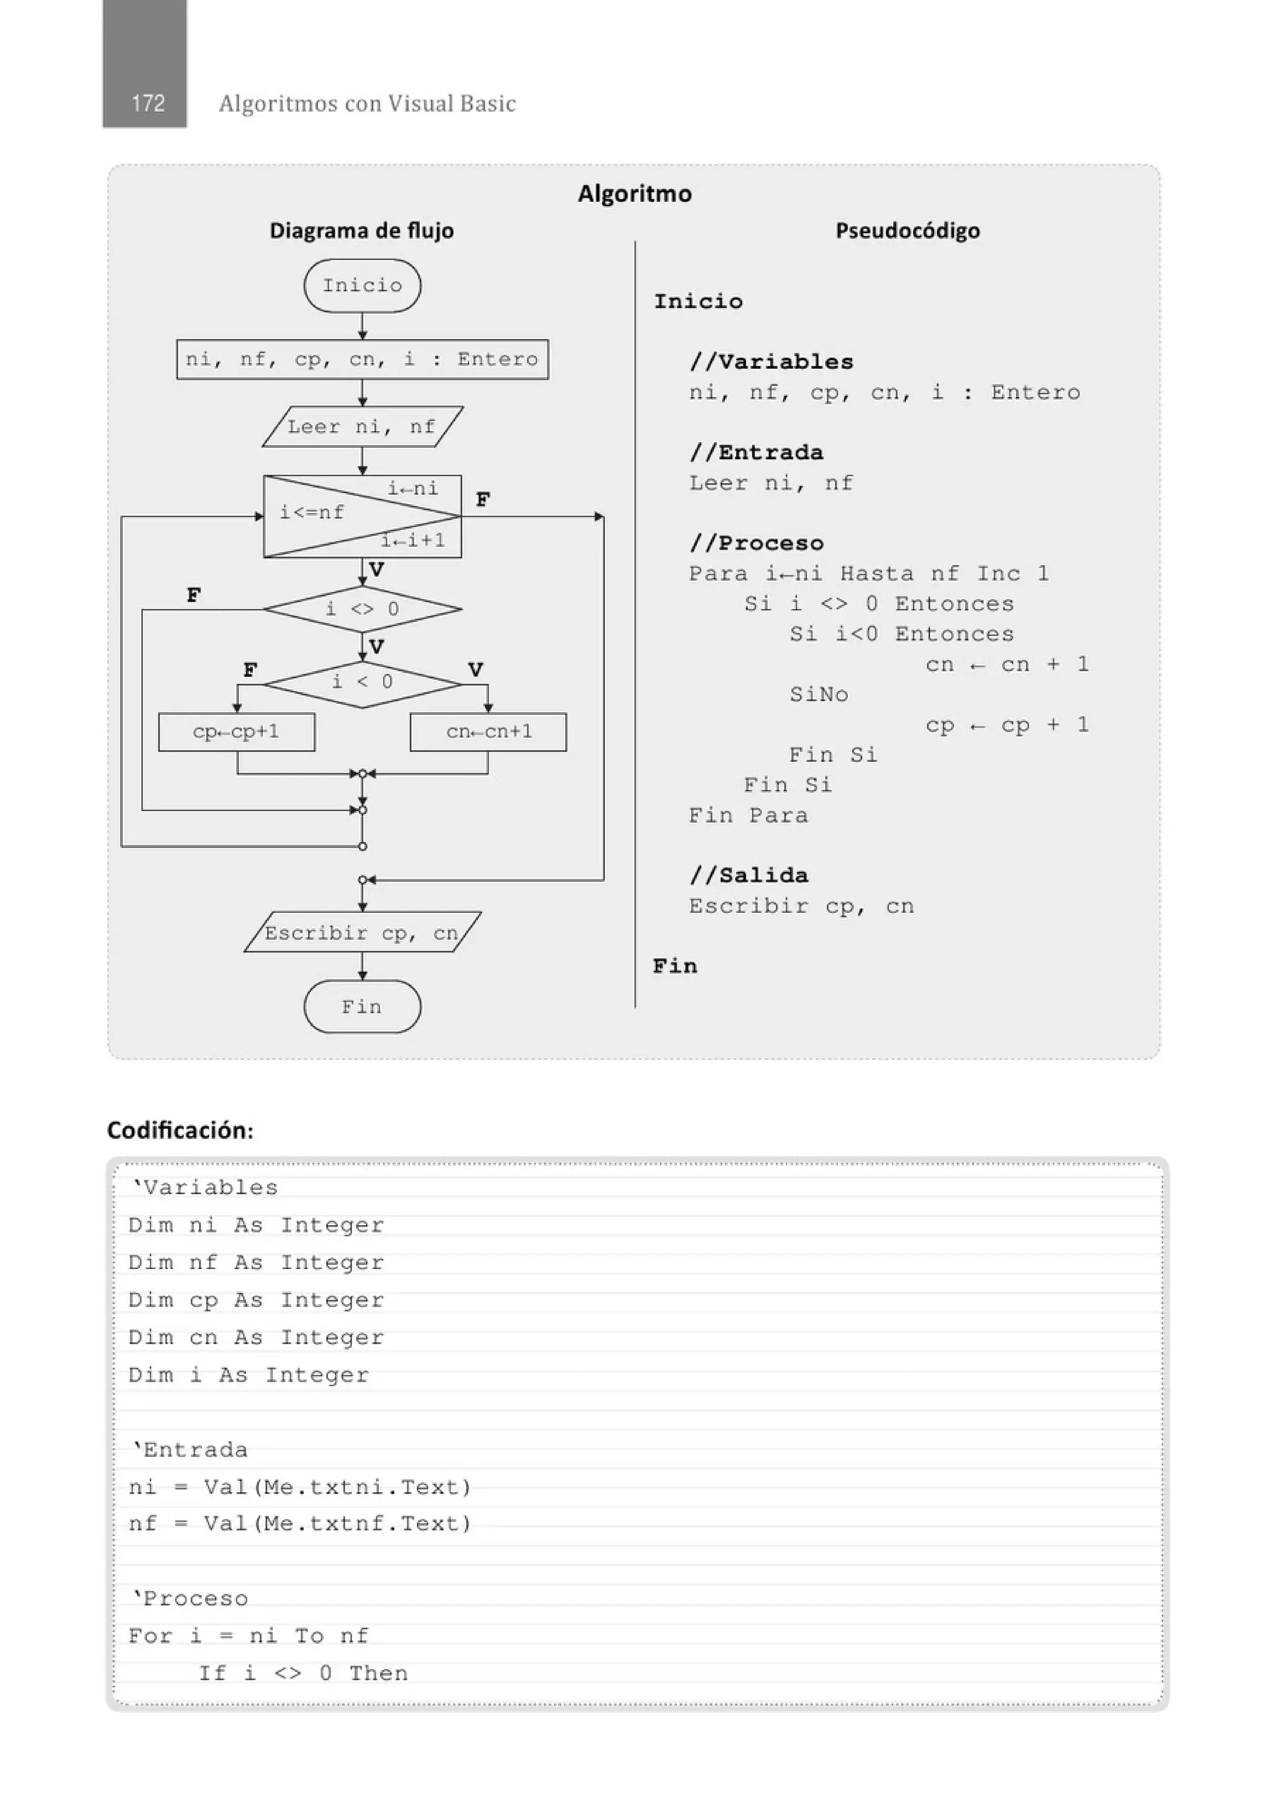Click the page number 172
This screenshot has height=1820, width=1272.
147,103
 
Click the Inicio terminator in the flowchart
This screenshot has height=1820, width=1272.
363,286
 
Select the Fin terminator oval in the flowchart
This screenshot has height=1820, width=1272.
363,1007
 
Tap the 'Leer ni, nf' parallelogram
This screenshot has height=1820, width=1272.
363,427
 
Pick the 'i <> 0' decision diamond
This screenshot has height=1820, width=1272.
363,609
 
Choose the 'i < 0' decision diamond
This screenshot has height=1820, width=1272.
363,682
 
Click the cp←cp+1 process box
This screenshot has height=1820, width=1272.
236,731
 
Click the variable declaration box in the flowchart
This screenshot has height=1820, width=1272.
363,359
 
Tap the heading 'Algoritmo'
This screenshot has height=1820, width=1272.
634,193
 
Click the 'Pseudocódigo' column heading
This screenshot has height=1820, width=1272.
907,230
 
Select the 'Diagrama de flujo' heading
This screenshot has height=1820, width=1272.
361,230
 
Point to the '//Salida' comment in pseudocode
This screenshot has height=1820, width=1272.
748,875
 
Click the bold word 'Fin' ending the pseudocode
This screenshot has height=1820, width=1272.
675,966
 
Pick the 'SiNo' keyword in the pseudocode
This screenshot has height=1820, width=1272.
819,694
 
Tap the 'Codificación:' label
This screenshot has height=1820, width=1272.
180,1130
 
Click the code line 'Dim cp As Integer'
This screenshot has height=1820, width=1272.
255,1300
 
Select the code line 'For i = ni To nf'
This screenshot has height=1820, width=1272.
248,1636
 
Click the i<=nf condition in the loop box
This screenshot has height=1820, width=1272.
312,513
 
